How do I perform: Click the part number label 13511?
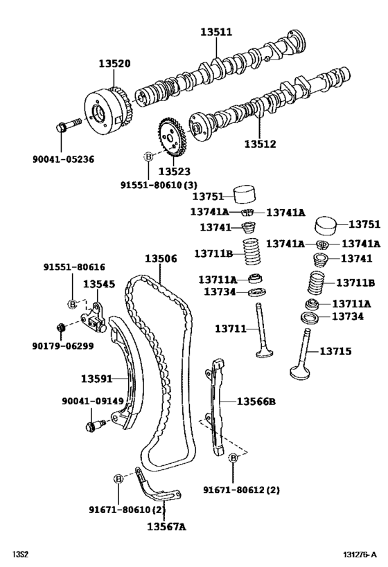[216, 32]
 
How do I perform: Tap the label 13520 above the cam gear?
[114, 64]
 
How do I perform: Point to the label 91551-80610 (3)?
[159, 185]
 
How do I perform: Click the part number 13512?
[260, 144]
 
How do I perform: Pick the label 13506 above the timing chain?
[161, 258]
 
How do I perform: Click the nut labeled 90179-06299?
[61, 327]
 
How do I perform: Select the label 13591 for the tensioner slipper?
[96, 379]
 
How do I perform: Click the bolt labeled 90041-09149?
[95, 425]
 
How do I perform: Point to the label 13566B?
[256, 402]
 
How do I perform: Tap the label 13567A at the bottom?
[166, 526]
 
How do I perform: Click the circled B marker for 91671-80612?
[233, 458]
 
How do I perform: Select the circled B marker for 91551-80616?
[72, 304]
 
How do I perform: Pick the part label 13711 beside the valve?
[231, 329]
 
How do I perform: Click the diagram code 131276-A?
[360, 555]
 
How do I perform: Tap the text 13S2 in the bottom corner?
[20, 555]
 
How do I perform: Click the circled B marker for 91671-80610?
[118, 479]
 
